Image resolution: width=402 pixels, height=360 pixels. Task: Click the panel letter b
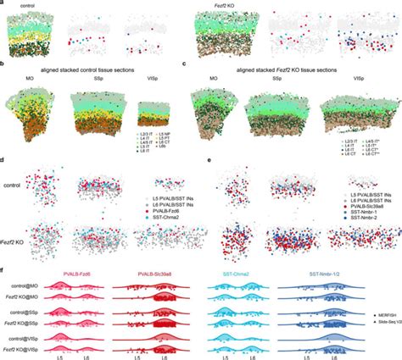[x=5, y=63]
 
